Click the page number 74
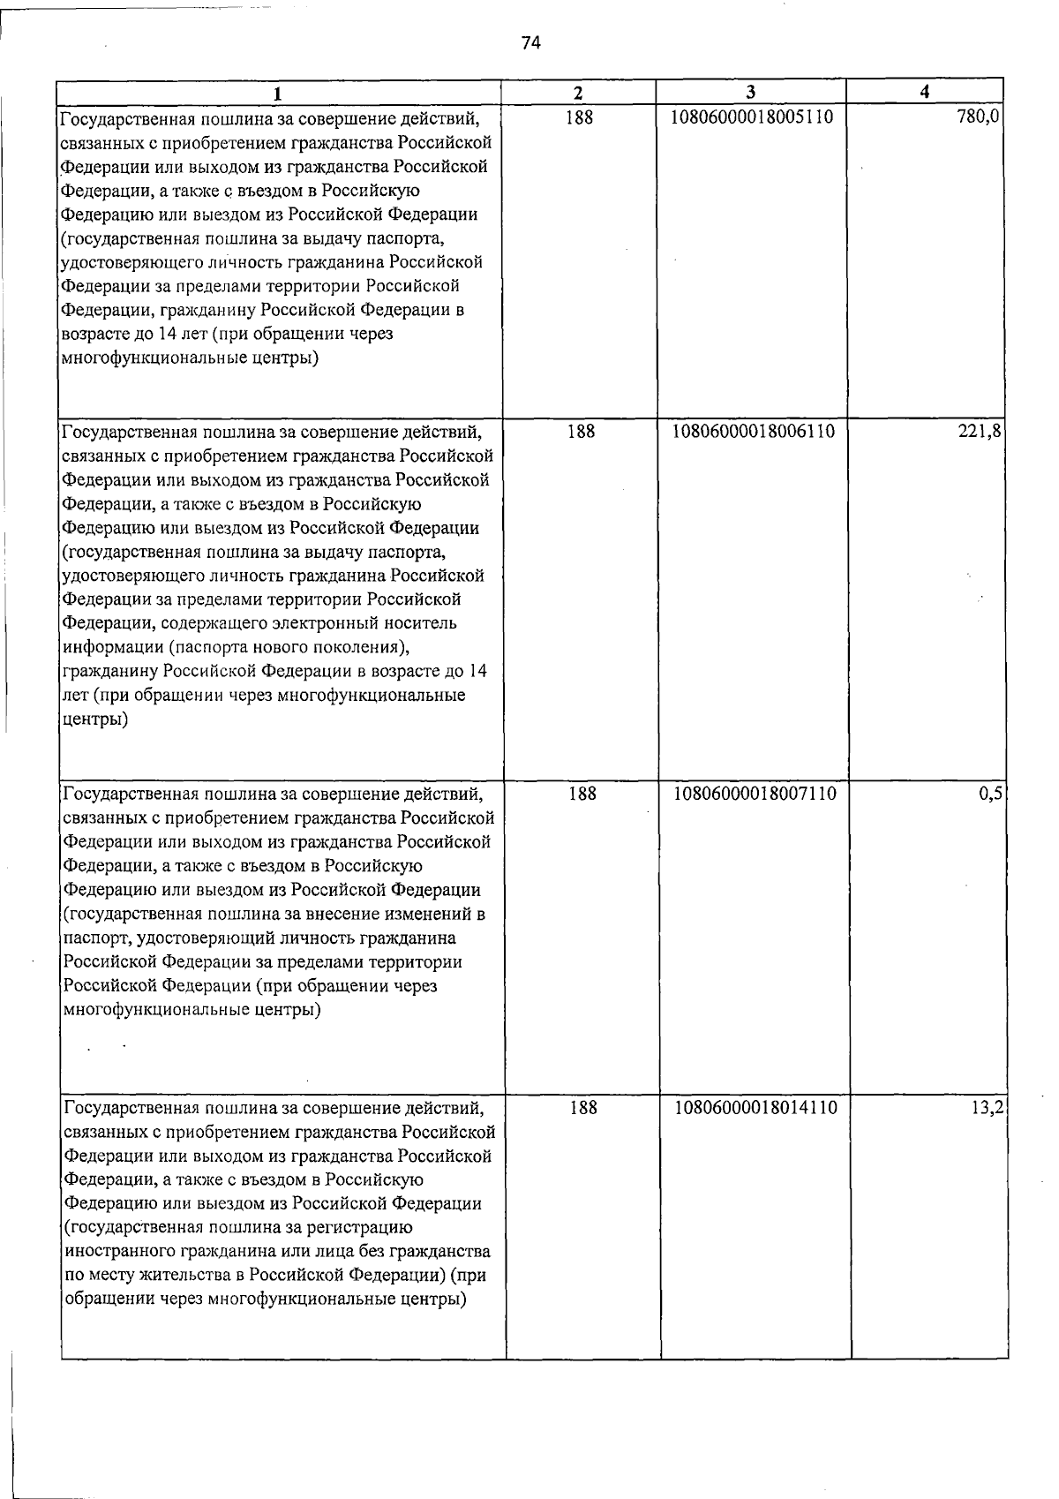coord(530,43)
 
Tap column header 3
coord(750,92)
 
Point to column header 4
coord(924,92)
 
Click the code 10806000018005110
coord(753,117)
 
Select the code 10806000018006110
coord(754,432)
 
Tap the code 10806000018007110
coord(755,794)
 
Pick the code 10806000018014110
coord(756,1107)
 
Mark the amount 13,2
coord(989,1107)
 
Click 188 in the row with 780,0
coord(579,117)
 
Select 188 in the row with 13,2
coord(582,1107)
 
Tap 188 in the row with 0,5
coord(582,794)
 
